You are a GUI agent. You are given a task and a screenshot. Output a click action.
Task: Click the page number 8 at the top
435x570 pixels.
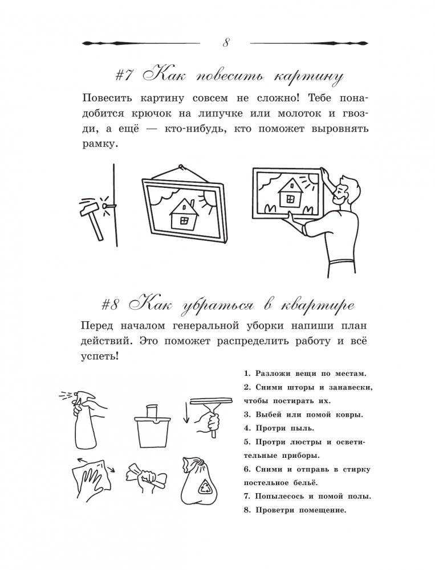(x=225, y=43)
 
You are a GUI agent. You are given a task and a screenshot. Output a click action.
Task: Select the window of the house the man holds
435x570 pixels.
(x=289, y=198)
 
